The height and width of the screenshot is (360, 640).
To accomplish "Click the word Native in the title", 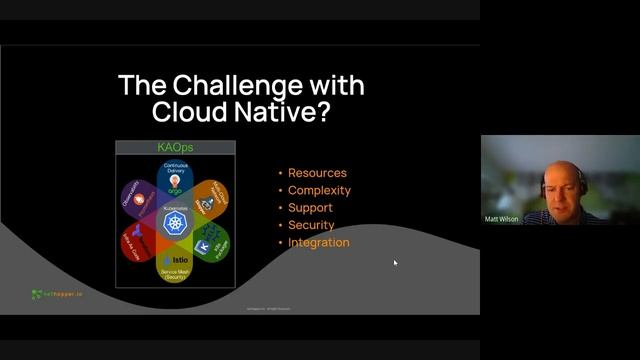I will [272, 112].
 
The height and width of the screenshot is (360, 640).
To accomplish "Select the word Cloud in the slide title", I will [187, 112].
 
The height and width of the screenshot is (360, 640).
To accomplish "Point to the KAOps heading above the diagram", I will [175, 147].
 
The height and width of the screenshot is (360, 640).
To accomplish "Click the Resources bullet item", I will [317, 173].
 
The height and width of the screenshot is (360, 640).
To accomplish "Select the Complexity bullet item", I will [319, 190].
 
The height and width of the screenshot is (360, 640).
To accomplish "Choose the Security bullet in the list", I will [311, 225].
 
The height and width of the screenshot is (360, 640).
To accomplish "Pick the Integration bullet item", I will [318, 242].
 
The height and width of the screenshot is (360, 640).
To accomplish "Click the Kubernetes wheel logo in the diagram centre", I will [175, 221].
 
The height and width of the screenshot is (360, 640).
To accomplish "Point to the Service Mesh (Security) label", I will [175, 273].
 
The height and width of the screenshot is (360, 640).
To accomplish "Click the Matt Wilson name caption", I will [502, 219].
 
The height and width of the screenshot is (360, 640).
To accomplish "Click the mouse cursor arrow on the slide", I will [395, 263].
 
